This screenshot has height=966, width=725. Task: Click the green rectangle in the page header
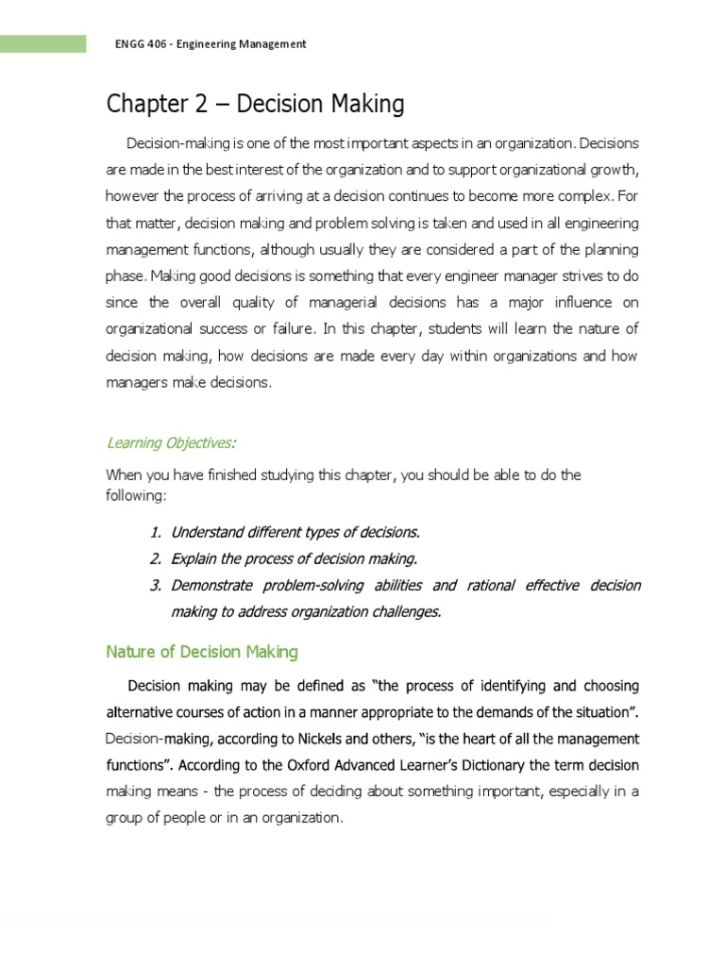[x=42, y=43]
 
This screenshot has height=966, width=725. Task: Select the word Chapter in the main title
[x=143, y=105]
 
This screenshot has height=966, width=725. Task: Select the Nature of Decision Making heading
[x=202, y=651]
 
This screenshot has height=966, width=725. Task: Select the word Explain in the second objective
[x=194, y=559]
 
